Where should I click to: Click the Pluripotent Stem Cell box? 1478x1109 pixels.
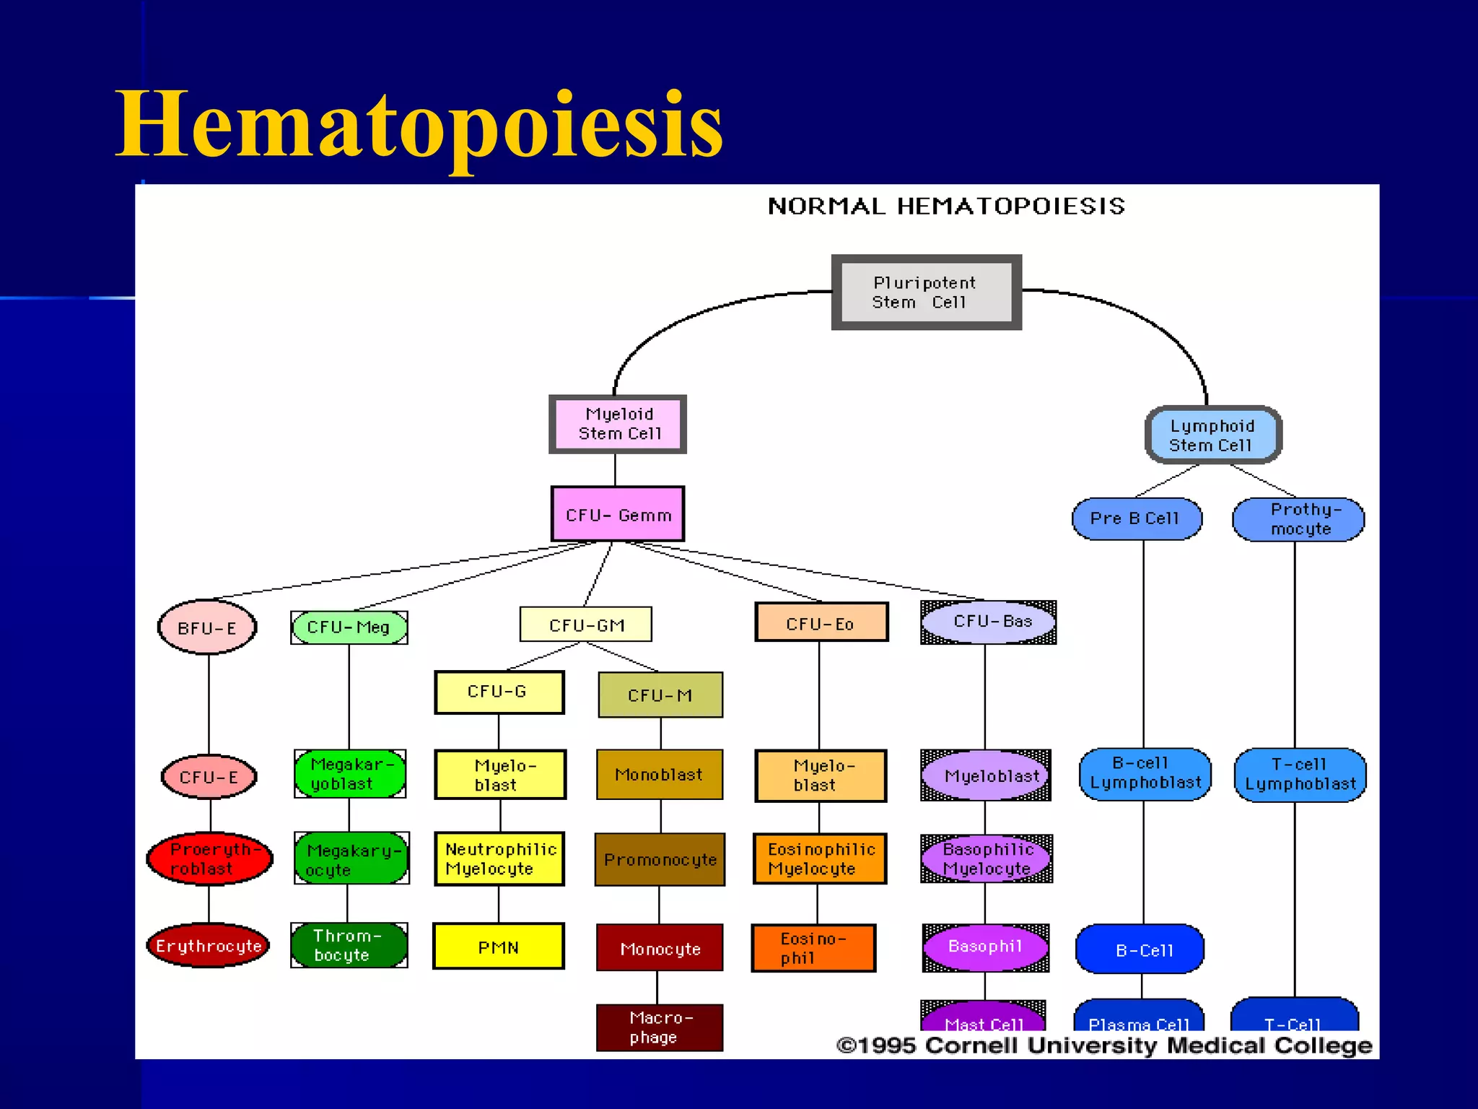pyautogui.click(x=926, y=292)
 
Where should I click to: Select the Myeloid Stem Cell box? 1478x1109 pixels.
pyautogui.click(x=618, y=424)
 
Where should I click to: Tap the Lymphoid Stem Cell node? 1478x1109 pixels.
pyautogui.click(x=1212, y=435)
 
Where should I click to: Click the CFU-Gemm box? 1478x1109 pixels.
pyautogui.click(x=618, y=514)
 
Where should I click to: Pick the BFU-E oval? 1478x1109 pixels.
pyautogui.click(x=207, y=627)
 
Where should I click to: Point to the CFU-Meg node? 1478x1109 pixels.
pyautogui.click(x=349, y=627)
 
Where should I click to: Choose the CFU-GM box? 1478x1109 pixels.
pyautogui.click(x=586, y=625)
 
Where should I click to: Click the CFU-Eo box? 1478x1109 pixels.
pyautogui.click(x=821, y=622)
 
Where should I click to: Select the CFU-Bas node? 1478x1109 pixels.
pyautogui.click(x=989, y=622)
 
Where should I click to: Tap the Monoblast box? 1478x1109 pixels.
pyautogui.click(x=659, y=775)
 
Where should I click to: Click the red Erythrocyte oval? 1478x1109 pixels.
pyautogui.click(x=208, y=945)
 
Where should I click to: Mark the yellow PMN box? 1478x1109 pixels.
pyautogui.click(x=498, y=947)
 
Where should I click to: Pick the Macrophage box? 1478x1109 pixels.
pyautogui.click(x=659, y=1027)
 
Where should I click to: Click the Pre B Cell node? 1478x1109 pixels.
pyautogui.click(x=1137, y=518)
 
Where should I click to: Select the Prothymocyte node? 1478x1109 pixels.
pyautogui.click(x=1298, y=519)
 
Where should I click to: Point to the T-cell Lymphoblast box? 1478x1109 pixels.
pyautogui.click(x=1300, y=775)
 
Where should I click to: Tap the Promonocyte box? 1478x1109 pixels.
pyautogui.click(x=660, y=859)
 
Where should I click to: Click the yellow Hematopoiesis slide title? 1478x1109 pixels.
pyautogui.click(x=419, y=124)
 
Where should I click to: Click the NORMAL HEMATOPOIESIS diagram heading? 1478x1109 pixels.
pyautogui.click(x=946, y=206)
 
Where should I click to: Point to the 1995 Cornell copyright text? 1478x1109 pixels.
pyautogui.click(x=1104, y=1045)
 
